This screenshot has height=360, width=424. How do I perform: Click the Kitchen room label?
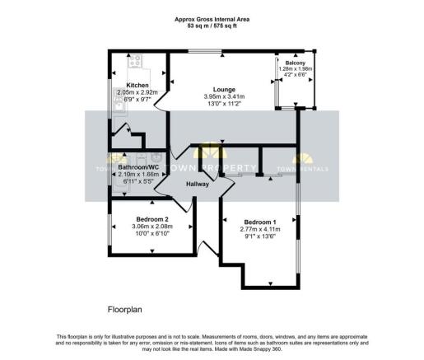pyautogui.click(x=137, y=86)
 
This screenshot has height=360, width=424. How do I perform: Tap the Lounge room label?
pyautogui.click(x=224, y=89)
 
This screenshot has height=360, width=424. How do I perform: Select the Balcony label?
pyautogui.click(x=296, y=63)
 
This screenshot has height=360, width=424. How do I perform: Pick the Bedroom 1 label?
pyautogui.click(x=260, y=221)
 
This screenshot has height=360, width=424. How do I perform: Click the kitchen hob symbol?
pyautogui.click(x=135, y=61)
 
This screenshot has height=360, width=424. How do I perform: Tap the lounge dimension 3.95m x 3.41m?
pyautogui.click(x=224, y=97)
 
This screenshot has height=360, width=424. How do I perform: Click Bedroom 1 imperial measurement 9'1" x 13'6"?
pyautogui.click(x=260, y=236)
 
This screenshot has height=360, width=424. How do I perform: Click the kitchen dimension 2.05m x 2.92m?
pyautogui.click(x=137, y=92)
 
